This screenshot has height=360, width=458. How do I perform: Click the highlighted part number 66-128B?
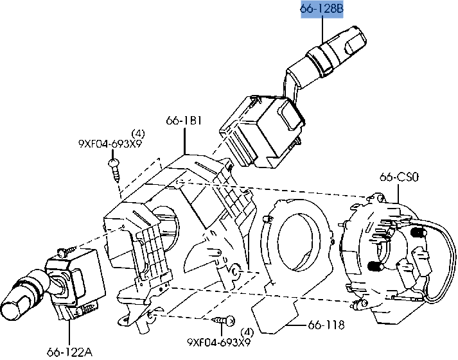322,9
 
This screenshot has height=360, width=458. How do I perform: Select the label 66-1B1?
184,120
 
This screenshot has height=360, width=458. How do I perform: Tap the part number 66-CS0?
399,176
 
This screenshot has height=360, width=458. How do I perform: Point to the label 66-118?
326,325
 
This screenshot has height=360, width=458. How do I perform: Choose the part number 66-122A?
69,352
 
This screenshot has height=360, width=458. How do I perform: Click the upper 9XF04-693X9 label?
110,144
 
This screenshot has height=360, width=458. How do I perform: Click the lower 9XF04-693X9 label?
219,342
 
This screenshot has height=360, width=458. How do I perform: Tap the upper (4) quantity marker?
138,134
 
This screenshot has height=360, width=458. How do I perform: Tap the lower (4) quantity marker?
247,332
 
